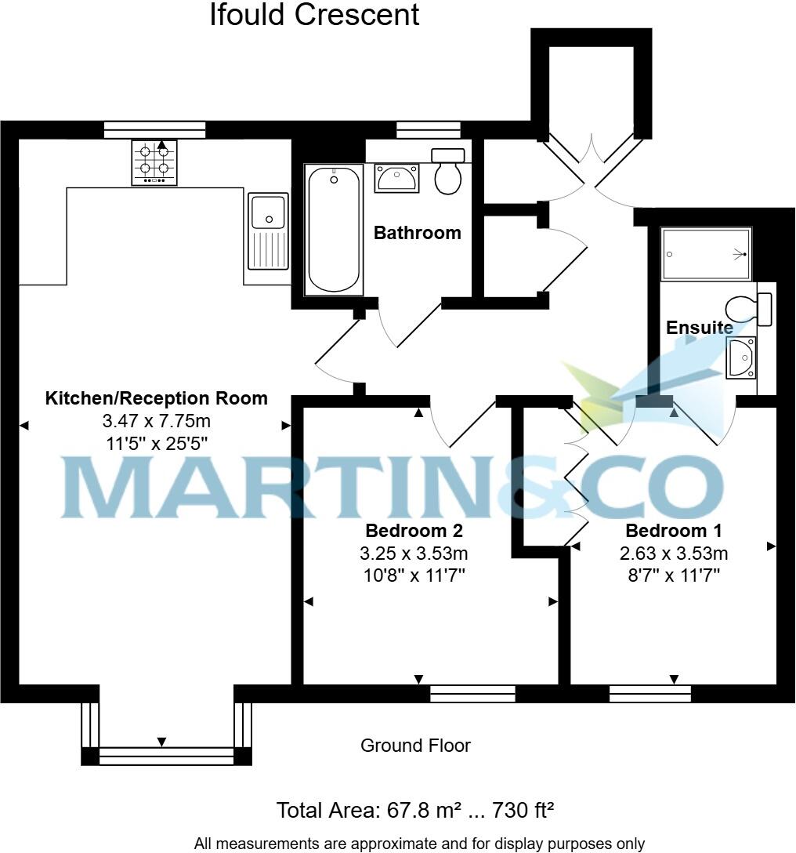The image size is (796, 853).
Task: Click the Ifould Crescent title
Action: (x=314, y=15)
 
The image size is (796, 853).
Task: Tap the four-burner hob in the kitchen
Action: (x=154, y=162)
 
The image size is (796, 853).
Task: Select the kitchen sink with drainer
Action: (x=267, y=230)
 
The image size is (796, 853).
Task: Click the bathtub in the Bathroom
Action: (x=335, y=229)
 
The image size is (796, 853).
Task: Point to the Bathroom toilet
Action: (x=447, y=172)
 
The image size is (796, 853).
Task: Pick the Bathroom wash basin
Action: (x=397, y=178)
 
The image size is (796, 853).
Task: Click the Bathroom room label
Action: (x=417, y=233)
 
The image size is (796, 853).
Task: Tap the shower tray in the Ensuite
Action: (x=706, y=254)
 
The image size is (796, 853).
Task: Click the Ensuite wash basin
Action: (x=740, y=358)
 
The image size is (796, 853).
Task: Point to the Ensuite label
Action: (x=700, y=328)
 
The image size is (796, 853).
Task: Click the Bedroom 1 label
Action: (x=673, y=530)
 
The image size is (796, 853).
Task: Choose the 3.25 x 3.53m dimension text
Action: (x=414, y=554)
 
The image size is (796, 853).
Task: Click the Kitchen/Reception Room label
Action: (x=157, y=398)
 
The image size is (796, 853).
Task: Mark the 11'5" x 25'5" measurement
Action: (x=157, y=443)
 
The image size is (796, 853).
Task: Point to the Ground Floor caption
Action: (x=415, y=746)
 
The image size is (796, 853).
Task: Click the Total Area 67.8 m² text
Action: (x=415, y=810)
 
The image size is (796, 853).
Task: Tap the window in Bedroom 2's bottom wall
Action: (x=472, y=693)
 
